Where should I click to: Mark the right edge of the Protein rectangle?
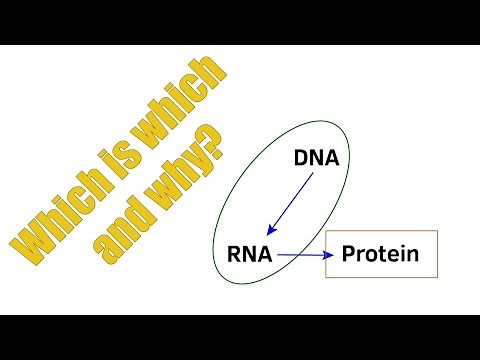coord(439,255)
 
